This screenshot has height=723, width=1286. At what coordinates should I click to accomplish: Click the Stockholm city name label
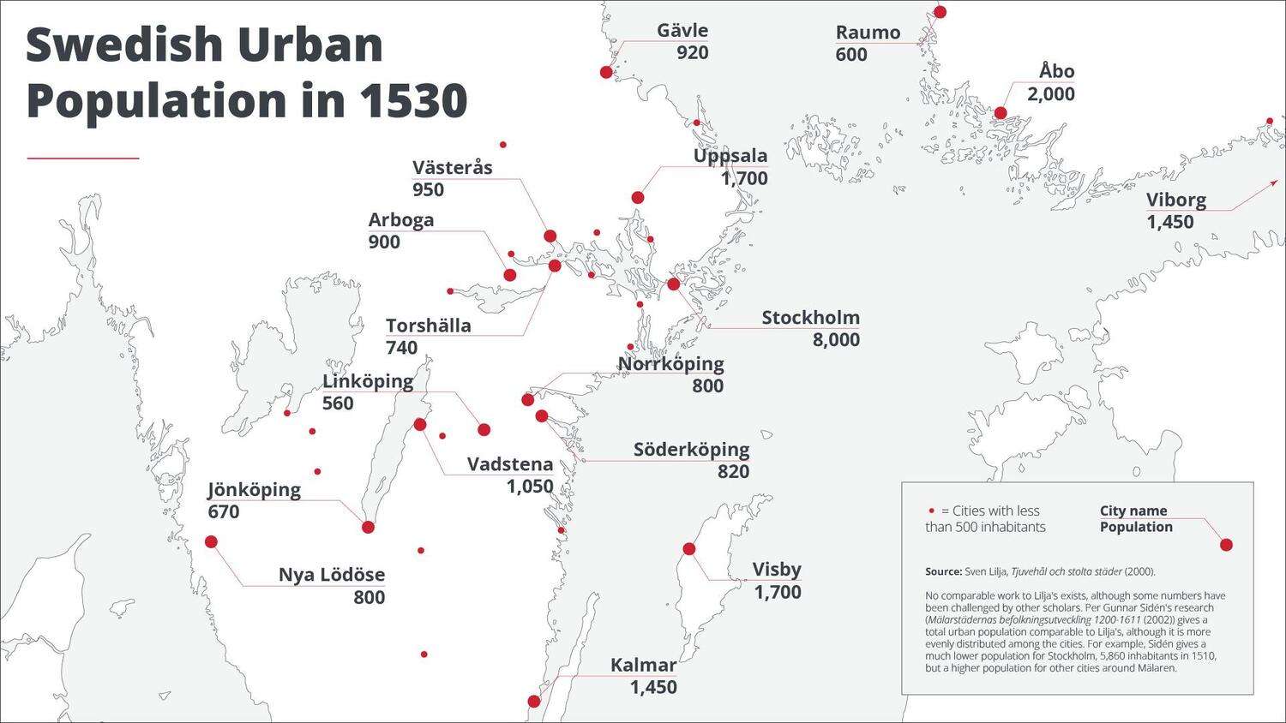(x=810, y=318)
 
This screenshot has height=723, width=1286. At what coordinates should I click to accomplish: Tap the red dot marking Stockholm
(x=674, y=284)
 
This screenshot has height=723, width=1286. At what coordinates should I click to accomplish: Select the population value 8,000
(x=836, y=340)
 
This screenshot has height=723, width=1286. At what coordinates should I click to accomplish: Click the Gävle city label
(x=682, y=31)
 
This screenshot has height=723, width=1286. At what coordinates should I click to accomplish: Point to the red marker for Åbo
(x=1001, y=113)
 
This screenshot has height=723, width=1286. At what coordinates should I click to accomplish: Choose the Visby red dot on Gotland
(x=689, y=549)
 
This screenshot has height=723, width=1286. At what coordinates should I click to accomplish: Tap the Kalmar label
(x=643, y=665)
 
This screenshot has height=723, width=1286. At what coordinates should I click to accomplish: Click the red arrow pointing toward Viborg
(x=1272, y=182)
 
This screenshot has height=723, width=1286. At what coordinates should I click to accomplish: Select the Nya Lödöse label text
(x=332, y=575)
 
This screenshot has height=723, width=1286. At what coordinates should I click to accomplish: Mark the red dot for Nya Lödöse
(x=211, y=541)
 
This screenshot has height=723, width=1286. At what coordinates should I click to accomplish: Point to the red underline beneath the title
(x=82, y=158)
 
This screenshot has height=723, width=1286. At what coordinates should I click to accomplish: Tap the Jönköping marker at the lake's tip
(x=368, y=528)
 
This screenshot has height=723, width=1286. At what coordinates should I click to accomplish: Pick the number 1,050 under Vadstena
(x=530, y=487)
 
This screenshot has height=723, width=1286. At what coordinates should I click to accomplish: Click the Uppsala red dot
(x=638, y=198)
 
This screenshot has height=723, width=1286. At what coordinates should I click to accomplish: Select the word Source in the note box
(x=942, y=571)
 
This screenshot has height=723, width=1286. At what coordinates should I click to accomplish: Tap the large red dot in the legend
(x=1226, y=545)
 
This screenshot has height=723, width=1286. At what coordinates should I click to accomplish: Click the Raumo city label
(x=868, y=33)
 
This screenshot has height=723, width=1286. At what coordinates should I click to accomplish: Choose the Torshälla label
(x=428, y=326)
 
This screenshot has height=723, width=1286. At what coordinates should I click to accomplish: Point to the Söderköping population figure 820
(x=733, y=471)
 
